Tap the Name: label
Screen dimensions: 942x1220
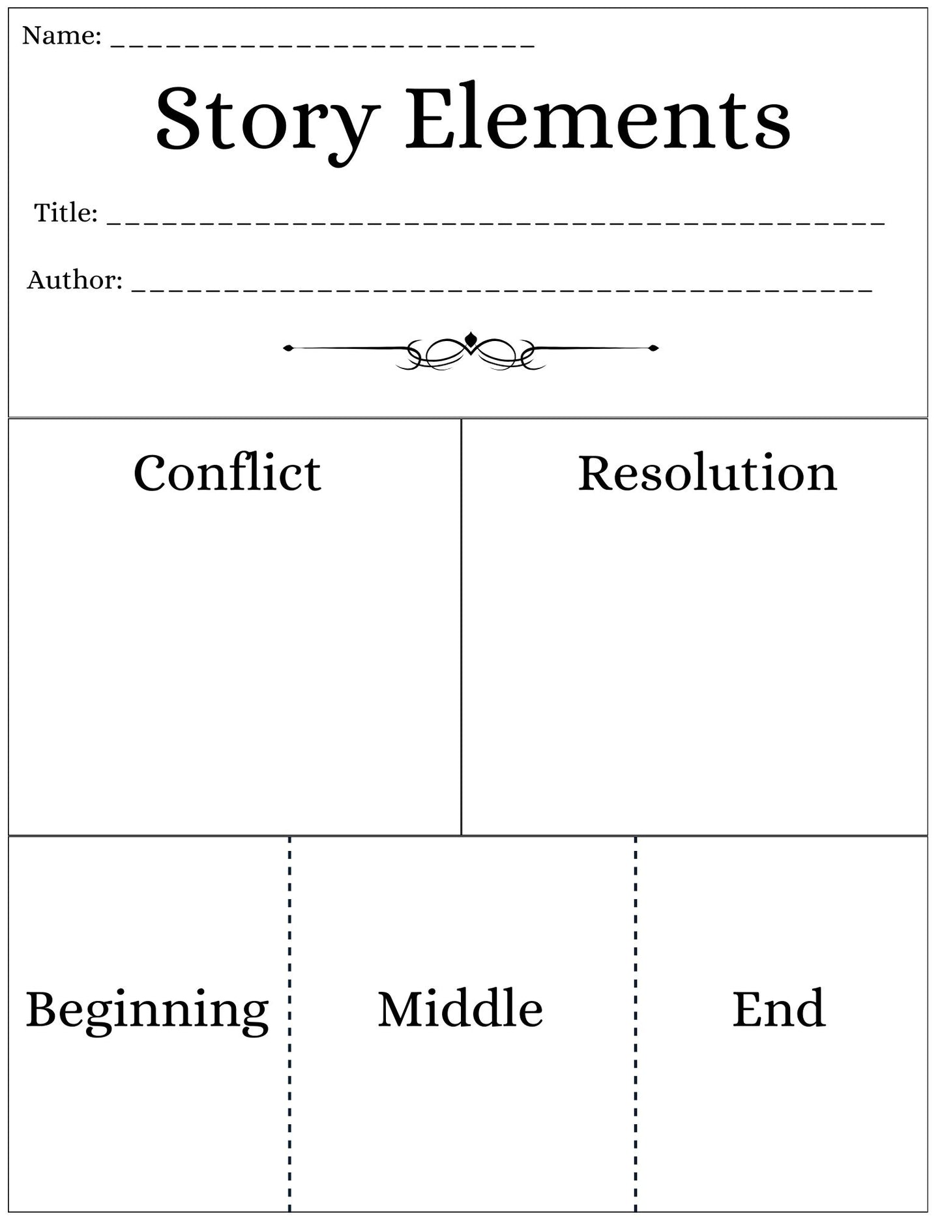click(62, 36)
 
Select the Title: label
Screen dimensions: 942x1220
click(66, 213)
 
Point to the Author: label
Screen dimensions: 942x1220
click(75, 280)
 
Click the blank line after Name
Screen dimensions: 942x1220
click(323, 46)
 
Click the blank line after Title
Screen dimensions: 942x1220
click(496, 224)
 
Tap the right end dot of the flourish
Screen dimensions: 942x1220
click(654, 348)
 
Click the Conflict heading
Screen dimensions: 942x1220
click(228, 473)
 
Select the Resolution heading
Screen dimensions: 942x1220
click(707, 473)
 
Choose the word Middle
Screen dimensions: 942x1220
click(460, 1009)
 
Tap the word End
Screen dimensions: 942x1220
click(779, 1009)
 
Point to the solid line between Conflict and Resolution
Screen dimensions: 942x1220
click(461, 627)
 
